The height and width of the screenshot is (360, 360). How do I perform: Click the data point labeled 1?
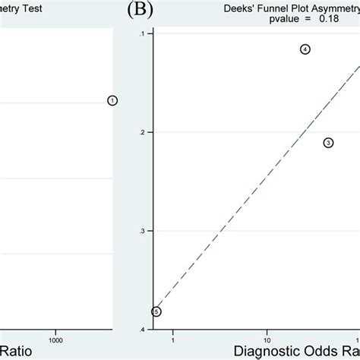[x=112, y=100]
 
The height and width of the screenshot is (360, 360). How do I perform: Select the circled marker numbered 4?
[x=305, y=49]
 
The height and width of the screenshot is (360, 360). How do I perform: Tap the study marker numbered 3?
[x=328, y=143]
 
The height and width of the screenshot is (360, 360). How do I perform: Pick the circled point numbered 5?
[x=156, y=311]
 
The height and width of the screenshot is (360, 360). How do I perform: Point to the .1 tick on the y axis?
[x=142, y=34]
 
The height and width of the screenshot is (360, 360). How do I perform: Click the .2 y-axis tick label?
[x=142, y=132]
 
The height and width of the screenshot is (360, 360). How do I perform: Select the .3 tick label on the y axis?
[x=142, y=231]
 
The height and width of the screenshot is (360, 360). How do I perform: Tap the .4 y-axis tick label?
[x=142, y=329]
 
